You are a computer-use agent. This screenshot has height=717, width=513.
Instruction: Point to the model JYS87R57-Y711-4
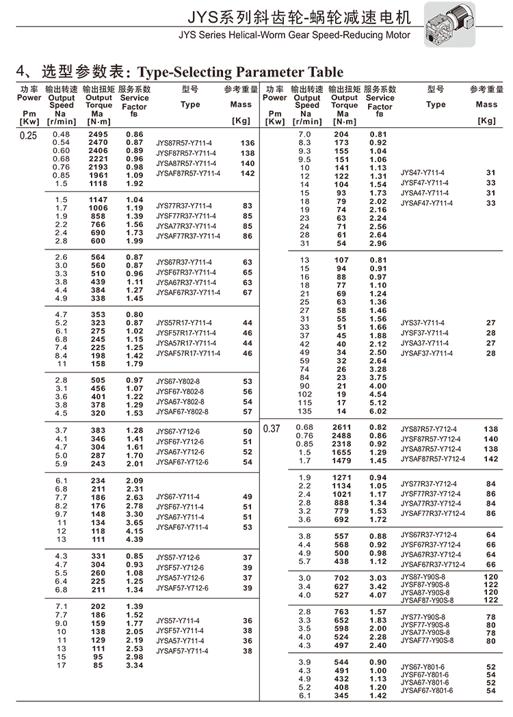click(x=184, y=143)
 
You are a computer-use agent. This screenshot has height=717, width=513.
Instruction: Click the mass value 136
click(x=248, y=143)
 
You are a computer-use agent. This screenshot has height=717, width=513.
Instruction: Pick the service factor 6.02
click(x=378, y=411)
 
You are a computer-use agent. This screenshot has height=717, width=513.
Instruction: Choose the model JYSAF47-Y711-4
click(x=426, y=203)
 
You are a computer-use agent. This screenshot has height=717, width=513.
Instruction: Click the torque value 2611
click(x=341, y=428)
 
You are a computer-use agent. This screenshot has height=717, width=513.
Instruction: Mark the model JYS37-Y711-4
click(x=422, y=323)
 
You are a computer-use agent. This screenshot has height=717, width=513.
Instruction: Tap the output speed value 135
click(x=304, y=411)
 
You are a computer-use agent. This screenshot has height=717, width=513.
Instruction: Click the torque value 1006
click(x=98, y=208)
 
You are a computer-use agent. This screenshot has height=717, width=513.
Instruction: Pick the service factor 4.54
click(x=378, y=394)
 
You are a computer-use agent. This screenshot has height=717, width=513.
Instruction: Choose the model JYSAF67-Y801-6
click(x=427, y=690)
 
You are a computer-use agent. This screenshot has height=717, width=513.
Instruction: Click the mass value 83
click(x=248, y=206)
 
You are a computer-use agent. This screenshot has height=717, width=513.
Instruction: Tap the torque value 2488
click(x=341, y=436)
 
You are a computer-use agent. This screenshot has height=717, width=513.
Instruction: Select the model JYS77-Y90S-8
click(x=425, y=617)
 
